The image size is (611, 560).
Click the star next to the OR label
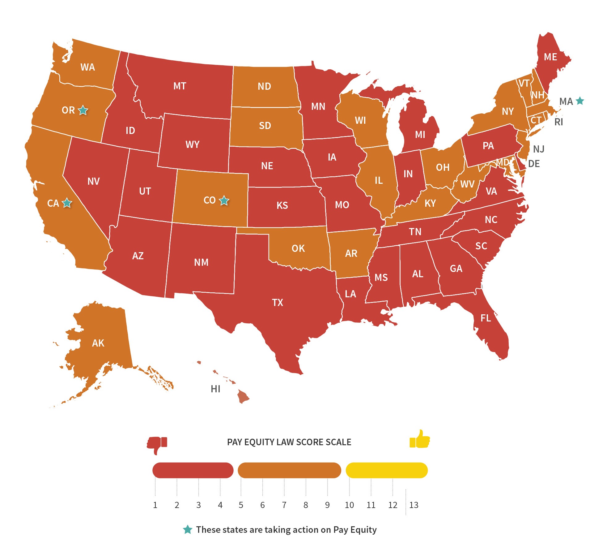point(83,110)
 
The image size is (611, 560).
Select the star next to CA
point(67,203)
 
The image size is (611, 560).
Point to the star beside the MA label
point(580,101)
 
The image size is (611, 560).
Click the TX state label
point(277,302)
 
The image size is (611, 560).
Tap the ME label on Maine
point(550,57)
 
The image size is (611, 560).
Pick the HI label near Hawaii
point(215,389)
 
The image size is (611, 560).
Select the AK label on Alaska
point(98,343)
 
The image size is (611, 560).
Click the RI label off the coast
point(558,122)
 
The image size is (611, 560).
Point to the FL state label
point(486,318)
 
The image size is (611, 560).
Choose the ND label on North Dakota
point(264,86)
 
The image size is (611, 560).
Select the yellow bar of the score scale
point(386,470)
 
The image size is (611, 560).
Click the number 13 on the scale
point(414,505)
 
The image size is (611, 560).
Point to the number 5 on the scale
point(241,505)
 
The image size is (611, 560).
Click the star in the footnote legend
point(188,529)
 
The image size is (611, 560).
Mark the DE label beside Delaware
point(534,164)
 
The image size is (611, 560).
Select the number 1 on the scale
point(155,505)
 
